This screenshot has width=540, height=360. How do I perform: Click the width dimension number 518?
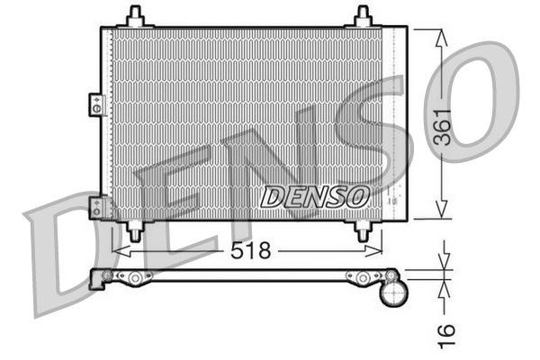[250, 251]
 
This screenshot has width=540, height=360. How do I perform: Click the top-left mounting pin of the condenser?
[136, 16]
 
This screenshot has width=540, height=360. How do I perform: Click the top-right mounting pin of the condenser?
[363, 16]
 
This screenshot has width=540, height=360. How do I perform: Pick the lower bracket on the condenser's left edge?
[95, 207]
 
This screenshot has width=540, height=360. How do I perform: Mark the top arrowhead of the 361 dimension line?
[441, 34]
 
